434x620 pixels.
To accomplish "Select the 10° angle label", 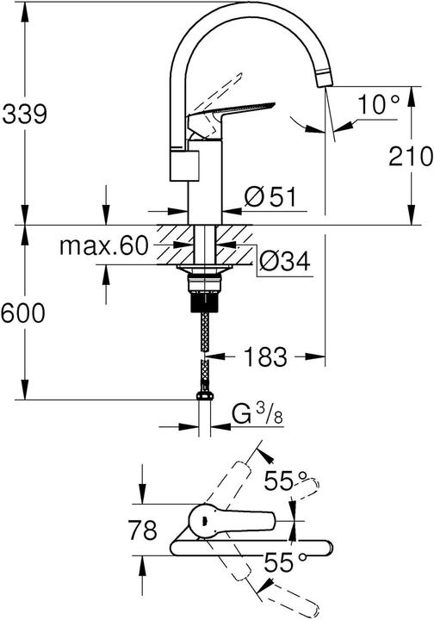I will coord(380,105).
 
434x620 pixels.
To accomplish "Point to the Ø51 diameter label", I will coord(270,197).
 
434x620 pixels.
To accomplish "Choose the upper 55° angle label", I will coord(285,482).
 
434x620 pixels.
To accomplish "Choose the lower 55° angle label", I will coord(285,566).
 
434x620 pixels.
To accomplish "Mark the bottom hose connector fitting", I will coord(204,397).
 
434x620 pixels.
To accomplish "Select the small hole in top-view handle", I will coord(201,518).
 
